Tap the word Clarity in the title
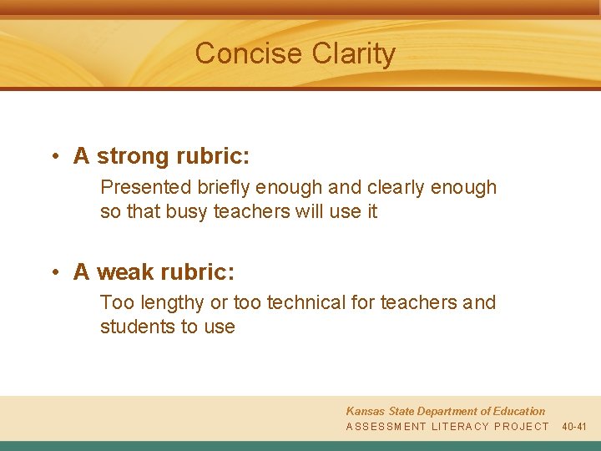coord(354,54)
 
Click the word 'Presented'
coord(145,188)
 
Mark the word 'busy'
coord(187,212)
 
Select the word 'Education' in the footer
coord(517,412)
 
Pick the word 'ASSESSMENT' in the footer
coord(386,427)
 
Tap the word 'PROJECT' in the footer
coord(522,427)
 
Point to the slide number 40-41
coord(574,427)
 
